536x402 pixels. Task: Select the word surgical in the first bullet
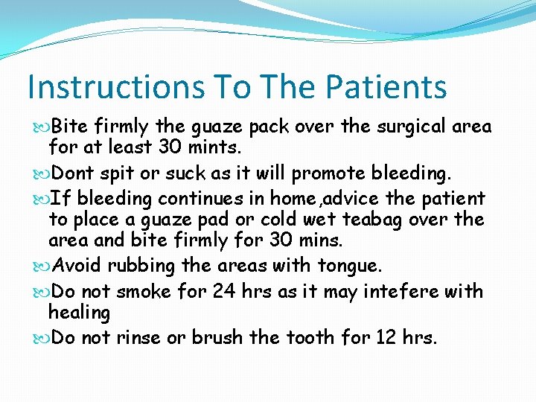point(410,127)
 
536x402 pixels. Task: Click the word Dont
point(74,173)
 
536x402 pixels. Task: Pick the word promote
point(330,173)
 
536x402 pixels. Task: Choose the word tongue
point(348,266)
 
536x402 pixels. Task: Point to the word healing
point(79,313)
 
